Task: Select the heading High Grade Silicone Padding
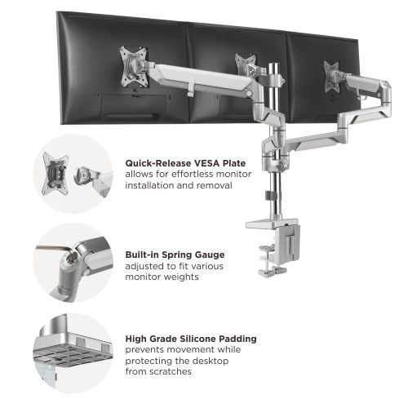(191, 338)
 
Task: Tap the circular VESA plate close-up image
(73, 174)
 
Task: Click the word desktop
(212, 361)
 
